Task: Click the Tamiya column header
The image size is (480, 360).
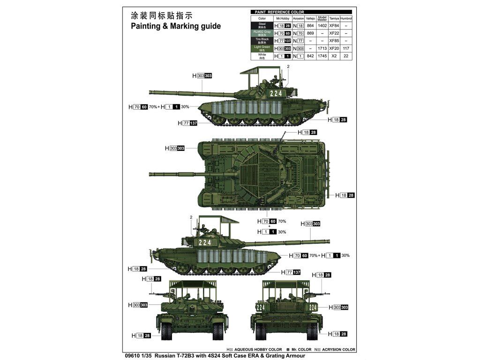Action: coord(334,18)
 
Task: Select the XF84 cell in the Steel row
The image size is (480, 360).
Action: coord(334,26)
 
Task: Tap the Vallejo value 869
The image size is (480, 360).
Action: coord(310,33)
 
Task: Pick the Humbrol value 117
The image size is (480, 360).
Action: coord(346,48)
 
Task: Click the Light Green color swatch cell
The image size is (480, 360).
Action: coord(262,48)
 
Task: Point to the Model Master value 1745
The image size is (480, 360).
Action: coord(322,56)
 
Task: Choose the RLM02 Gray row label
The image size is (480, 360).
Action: coord(262,33)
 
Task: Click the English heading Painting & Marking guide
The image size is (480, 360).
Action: coord(175,26)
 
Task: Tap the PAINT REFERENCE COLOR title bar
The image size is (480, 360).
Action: coord(279,12)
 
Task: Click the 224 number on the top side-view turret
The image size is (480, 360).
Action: coord(277,93)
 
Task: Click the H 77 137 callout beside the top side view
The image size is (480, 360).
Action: coord(188,123)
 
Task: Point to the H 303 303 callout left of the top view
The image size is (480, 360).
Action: coord(175,148)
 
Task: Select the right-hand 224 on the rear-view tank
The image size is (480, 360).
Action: coord(313,307)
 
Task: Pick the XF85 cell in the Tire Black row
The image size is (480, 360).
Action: coord(334,41)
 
